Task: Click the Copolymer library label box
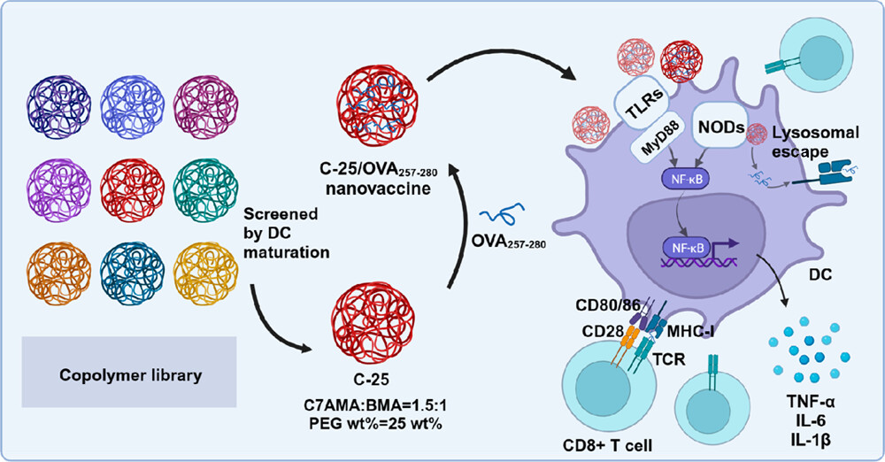(131, 375)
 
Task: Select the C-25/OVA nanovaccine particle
(372, 108)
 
